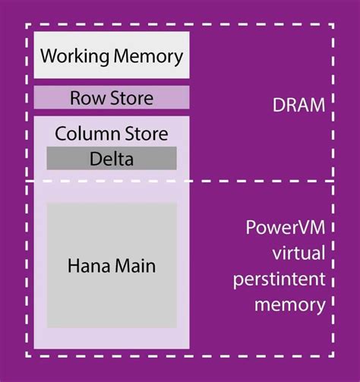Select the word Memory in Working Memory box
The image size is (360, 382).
tap(147, 56)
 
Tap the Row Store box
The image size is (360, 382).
tap(111, 98)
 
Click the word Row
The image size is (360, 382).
tap(84, 98)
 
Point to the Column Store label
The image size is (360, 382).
tap(111, 134)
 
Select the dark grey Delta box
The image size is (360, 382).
tap(112, 158)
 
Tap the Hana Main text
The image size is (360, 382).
tap(112, 267)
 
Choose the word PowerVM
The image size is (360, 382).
tap(286, 229)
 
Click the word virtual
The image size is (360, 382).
tap(286, 254)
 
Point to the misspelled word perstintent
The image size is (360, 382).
tap(286, 279)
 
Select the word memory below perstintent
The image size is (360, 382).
tap(286, 305)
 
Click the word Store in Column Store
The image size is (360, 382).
tap(147, 134)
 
